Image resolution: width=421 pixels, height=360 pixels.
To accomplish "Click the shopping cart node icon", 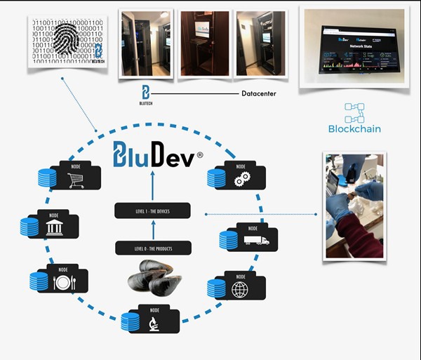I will click(75, 180).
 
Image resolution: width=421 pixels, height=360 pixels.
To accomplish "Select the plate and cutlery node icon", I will click(62, 282).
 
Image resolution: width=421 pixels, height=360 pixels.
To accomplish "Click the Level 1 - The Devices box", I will click(152, 211).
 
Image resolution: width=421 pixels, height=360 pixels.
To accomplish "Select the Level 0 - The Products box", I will click(152, 248).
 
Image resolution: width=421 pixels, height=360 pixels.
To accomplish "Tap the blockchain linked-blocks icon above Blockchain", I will click(355, 112).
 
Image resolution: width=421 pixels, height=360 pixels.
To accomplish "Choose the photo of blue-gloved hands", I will click(354, 206).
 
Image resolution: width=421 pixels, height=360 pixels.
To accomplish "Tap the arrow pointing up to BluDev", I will click(152, 185).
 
